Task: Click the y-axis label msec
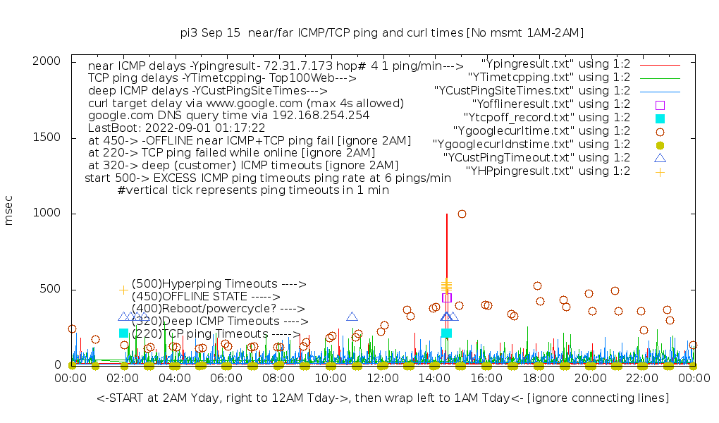tap(9, 213)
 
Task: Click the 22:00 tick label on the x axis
tap(641, 379)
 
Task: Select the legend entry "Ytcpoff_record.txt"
tap(546, 118)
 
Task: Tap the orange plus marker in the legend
tap(660, 171)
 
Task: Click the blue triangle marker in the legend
tap(660, 158)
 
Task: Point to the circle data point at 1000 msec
tap(462, 214)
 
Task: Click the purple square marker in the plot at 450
tap(446, 298)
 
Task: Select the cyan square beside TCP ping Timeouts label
tap(124, 333)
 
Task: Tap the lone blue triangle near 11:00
tap(352, 317)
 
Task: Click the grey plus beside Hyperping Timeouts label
tap(124, 290)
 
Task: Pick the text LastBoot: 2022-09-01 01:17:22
tap(176, 128)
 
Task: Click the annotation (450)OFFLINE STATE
tap(206, 297)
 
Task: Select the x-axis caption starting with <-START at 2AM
tap(383, 398)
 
